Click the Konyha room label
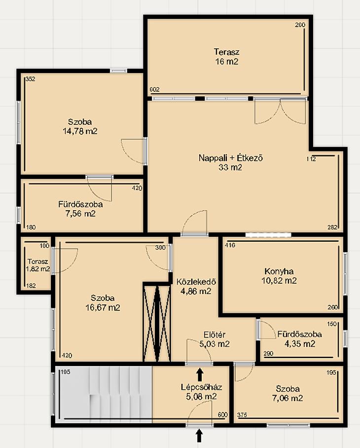pos(279,271)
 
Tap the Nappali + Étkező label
pos(230,158)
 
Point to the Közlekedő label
pos(196,282)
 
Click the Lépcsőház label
pos(201,387)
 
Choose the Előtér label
pos(215,335)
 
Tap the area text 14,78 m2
pos(80,131)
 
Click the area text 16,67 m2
pos(103,307)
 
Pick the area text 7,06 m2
pos(288,398)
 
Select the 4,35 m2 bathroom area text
pos(300,343)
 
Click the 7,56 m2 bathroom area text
pos(80,214)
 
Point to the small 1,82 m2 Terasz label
pos(37,261)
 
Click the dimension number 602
pos(155,89)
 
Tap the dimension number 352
pos(30,79)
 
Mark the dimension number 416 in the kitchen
pos(230,245)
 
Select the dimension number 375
pos(242,415)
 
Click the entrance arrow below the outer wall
pos(199,436)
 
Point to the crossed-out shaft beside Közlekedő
pos(157,322)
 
